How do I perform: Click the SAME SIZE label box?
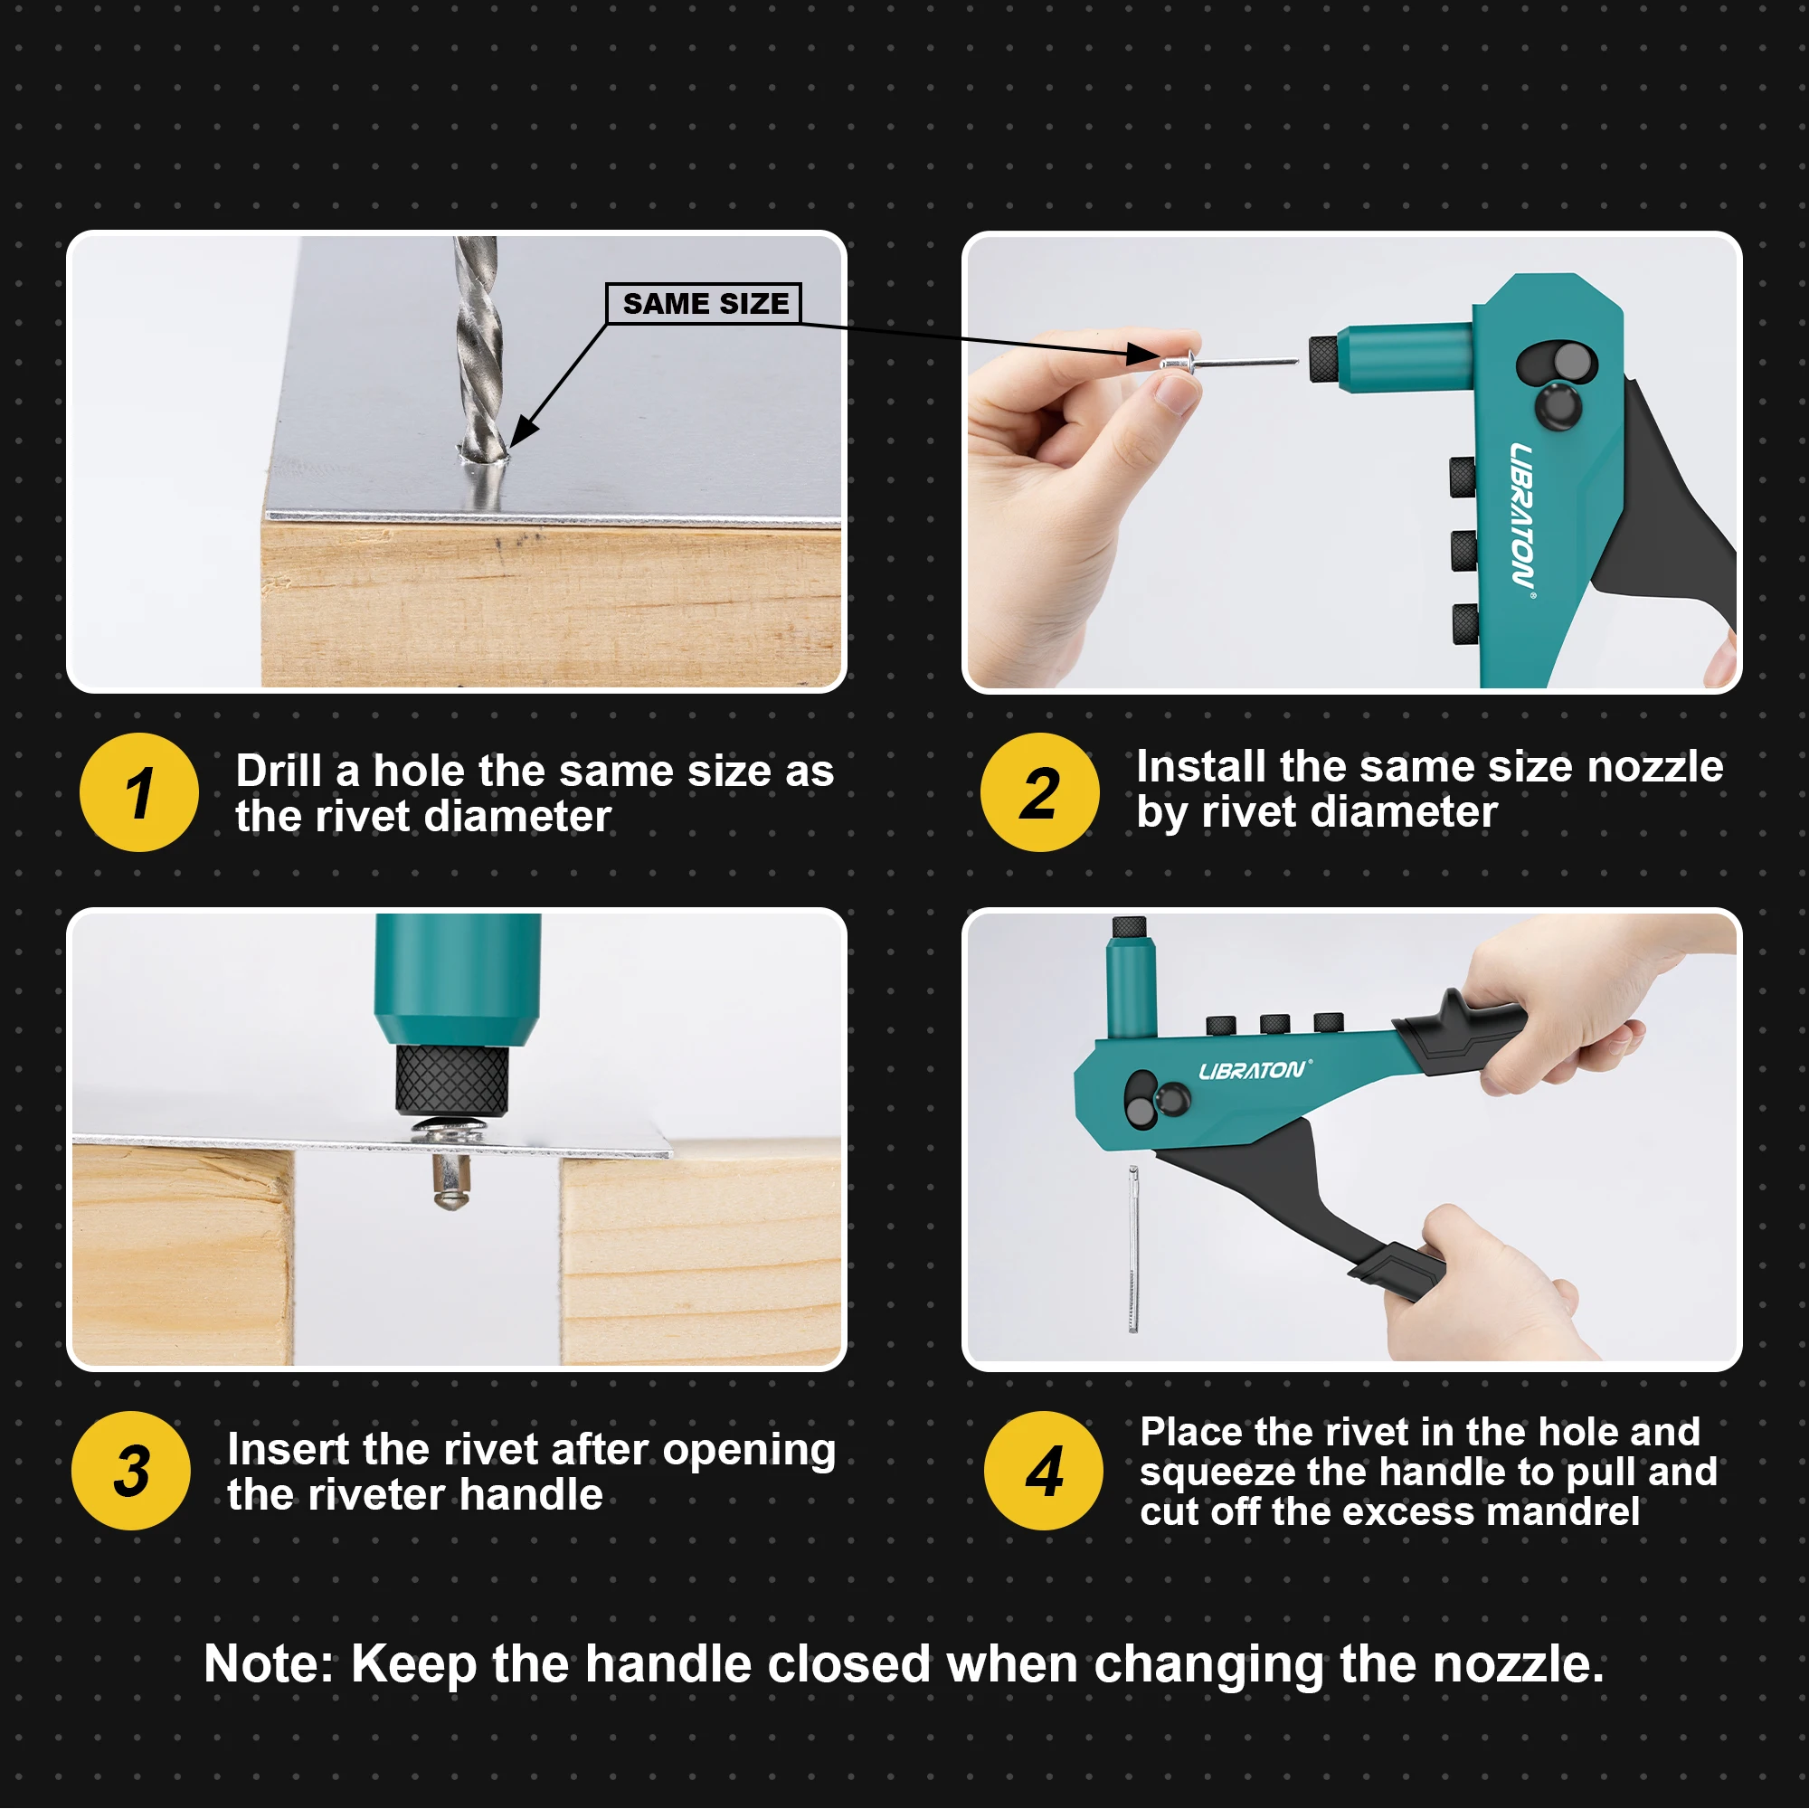click(703, 303)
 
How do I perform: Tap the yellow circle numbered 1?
click(138, 792)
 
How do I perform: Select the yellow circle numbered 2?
click(1039, 792)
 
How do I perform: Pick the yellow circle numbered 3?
click(131, 1470)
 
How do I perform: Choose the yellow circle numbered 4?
click(1043, 1470)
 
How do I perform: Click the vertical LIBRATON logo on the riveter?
click(1520, 515)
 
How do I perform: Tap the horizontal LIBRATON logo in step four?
click(1254, 1069)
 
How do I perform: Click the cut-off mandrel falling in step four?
click(1133, 1250)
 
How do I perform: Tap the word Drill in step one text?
click(279, 771)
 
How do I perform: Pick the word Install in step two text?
click(1201, 766)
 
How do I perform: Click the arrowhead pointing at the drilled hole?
click(522, 431)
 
